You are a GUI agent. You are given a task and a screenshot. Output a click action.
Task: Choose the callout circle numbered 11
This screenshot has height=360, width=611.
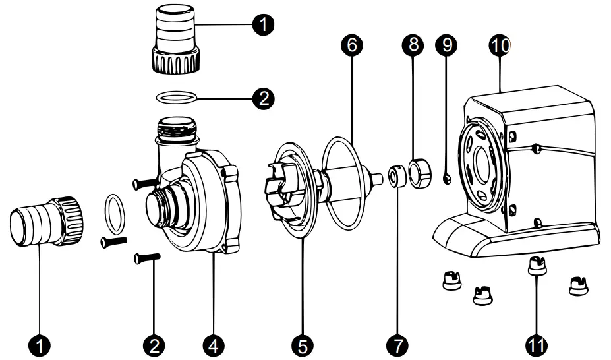tap(537, 344)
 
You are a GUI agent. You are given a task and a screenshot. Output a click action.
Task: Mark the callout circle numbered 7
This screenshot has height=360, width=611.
tap(397, 344)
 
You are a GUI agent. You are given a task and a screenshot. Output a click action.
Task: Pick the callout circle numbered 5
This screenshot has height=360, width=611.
tap(303, 344)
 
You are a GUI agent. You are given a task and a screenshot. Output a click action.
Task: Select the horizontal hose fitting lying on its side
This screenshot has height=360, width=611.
tap(44, 220)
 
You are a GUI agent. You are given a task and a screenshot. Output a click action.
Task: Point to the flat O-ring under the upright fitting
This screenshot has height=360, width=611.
tap(176, 98)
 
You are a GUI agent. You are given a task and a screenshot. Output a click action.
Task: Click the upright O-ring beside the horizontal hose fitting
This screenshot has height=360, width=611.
tap(115, 214)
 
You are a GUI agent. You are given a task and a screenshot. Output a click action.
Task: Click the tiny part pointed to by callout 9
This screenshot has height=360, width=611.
tap(446, 177)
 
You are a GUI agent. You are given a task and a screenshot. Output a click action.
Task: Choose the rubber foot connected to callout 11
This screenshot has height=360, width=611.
tap(537, 267)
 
